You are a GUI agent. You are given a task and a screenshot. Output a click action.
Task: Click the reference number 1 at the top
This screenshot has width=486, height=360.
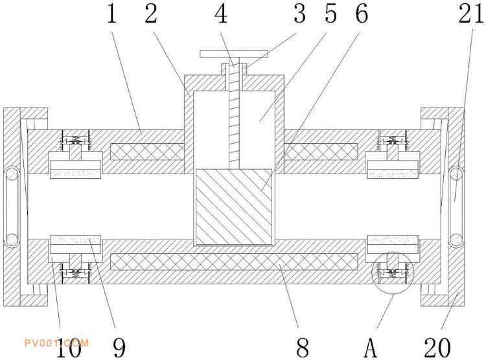(x=112, y=14)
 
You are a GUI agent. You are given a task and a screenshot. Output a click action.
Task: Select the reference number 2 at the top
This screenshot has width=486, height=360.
(x=151, y=14)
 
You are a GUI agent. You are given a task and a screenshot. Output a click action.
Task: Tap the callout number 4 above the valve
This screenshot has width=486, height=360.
(x=222, y=14)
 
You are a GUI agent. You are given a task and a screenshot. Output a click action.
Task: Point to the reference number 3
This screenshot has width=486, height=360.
(x=300, y=14)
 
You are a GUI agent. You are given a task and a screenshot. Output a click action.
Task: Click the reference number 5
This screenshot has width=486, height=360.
(x=330, y=14)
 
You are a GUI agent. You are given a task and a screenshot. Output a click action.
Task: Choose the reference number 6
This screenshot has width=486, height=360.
(x=362, y=14)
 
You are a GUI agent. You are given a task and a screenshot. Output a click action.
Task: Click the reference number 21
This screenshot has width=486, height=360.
(x=471, y=14)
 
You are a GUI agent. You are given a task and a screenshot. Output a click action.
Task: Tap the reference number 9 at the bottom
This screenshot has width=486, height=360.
(x=119, y=347)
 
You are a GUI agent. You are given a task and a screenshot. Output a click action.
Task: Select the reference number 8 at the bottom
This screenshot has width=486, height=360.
(x=303, y=347)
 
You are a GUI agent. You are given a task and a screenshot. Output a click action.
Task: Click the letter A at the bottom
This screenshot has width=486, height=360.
(x=370, y=347)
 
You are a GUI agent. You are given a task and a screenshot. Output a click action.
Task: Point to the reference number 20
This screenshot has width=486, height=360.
(x=437, y=347)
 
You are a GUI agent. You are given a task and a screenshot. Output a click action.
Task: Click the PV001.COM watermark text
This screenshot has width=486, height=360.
(x=56, y=343)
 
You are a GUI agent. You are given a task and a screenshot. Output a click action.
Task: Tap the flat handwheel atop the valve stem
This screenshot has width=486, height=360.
(x=234, y=54)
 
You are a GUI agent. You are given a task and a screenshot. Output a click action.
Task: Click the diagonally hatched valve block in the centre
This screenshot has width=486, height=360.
(x=234, y=207)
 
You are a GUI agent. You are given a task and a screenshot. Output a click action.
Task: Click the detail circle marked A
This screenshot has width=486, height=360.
(x=393, y=273)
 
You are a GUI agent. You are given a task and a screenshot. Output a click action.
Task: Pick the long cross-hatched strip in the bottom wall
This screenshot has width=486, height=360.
(x=234, y=262)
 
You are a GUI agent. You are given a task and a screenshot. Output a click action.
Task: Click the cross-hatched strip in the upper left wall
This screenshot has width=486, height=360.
(x=147, y=152)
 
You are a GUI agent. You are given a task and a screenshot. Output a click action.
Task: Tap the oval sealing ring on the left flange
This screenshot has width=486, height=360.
(x=12, y=207)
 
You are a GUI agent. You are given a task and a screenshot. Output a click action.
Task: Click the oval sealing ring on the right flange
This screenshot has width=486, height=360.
(x=456, y=207)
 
